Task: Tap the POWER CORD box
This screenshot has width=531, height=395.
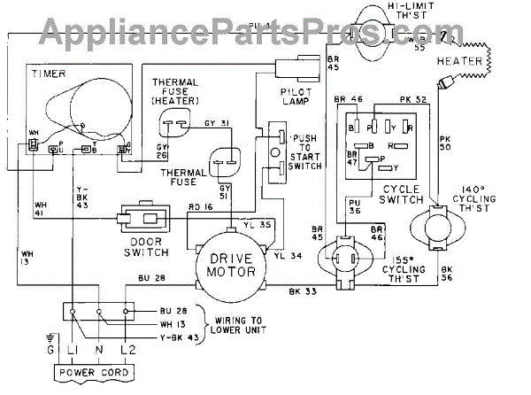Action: click(95, 372)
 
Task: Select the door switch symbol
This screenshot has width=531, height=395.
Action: click(144, 219)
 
